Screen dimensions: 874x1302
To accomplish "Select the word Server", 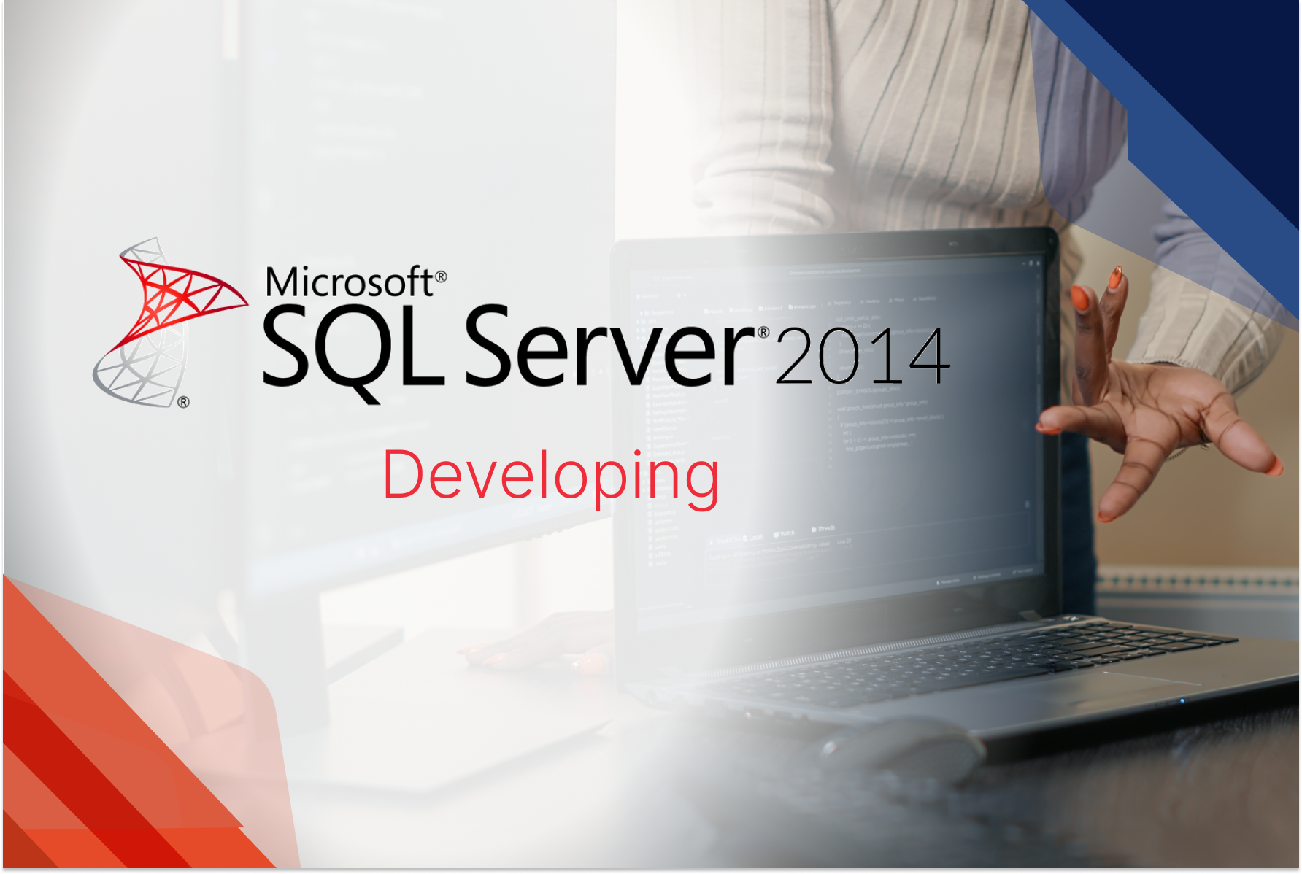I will (x=609, y=347).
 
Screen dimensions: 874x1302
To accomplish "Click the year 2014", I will (x=862, y=357).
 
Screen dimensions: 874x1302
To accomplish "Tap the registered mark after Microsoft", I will (x=441, y=277).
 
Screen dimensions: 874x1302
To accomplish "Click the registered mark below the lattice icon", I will (x=183, y=401).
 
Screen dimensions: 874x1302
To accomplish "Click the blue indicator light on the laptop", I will (x=1182, y=700).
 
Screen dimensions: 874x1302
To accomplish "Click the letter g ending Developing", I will (x=702, y=482).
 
